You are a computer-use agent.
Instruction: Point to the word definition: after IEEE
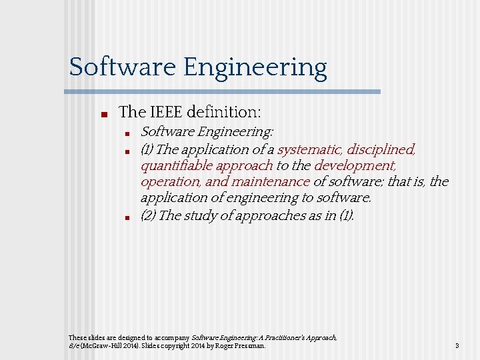coord(226,113)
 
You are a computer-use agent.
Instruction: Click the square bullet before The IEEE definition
coord(104,114)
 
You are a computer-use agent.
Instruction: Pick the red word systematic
coord(309,149)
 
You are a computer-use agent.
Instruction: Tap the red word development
coord(355,165)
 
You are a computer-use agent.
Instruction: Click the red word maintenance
coord(270,181)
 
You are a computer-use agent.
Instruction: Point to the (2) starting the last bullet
coord(149,215)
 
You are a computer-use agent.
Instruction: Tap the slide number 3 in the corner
coord(457,346)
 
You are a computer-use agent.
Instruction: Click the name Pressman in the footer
coord(250,346)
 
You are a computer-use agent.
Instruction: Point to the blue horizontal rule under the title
coord(225,91)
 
